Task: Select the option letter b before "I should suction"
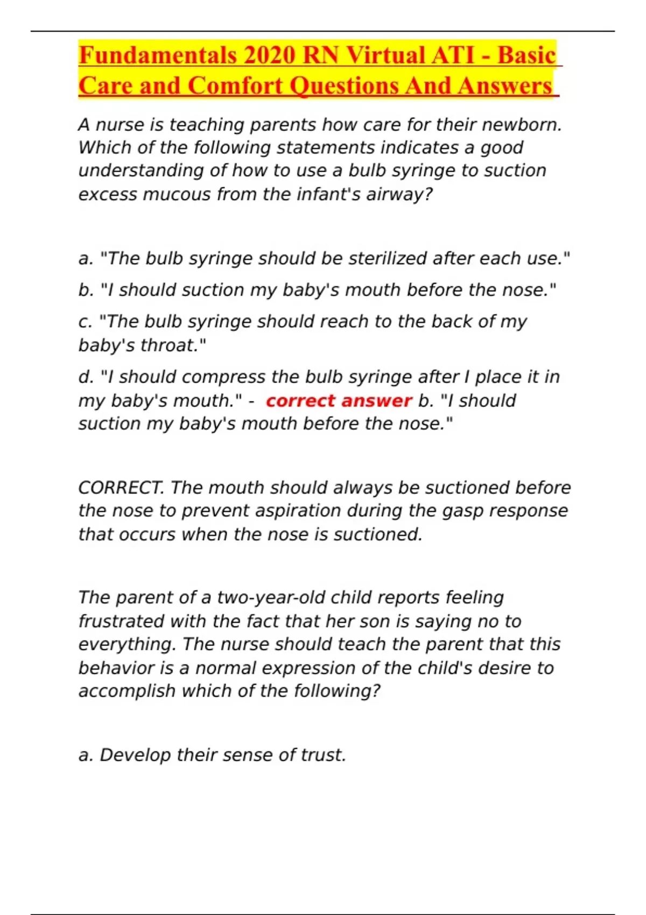pos(86,290)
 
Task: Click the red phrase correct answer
pos(339,400)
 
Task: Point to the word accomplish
pos(127,691)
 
